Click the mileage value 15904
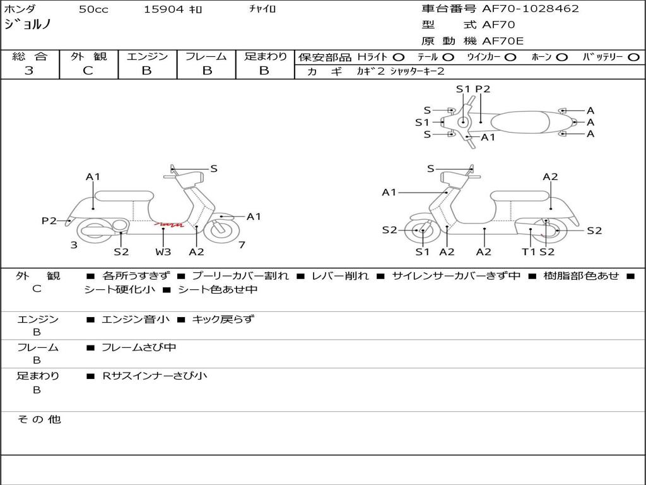click(163, 9)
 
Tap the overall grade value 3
click(29, 71)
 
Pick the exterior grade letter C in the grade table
click(88, 71)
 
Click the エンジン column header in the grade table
click(147, 57)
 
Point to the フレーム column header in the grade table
click(206, 57)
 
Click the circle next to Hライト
click(399, 57)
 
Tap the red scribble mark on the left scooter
click(170, 224)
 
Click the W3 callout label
click(163, 252)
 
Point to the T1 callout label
click(529, 252)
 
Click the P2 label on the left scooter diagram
click(49, 220)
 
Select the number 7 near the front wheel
click(242, 244)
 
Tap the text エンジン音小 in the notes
click(136, 320)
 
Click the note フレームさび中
click(139, 347)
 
